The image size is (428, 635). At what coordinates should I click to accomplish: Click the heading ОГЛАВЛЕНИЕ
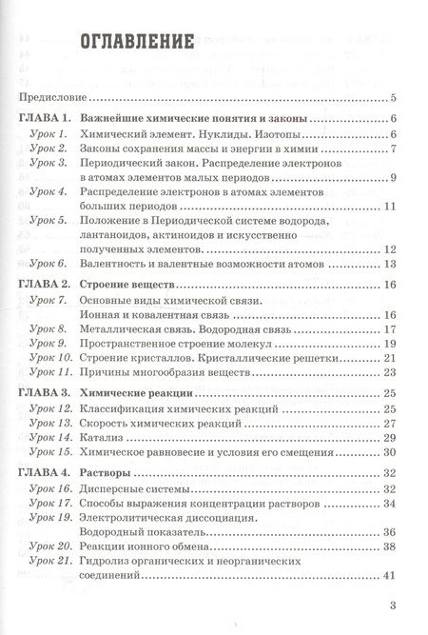[x=139, y=43]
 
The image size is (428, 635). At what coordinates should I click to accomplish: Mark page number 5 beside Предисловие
[x=393, y=97]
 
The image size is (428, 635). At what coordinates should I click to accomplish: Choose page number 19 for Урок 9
[x=388, y=342]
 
